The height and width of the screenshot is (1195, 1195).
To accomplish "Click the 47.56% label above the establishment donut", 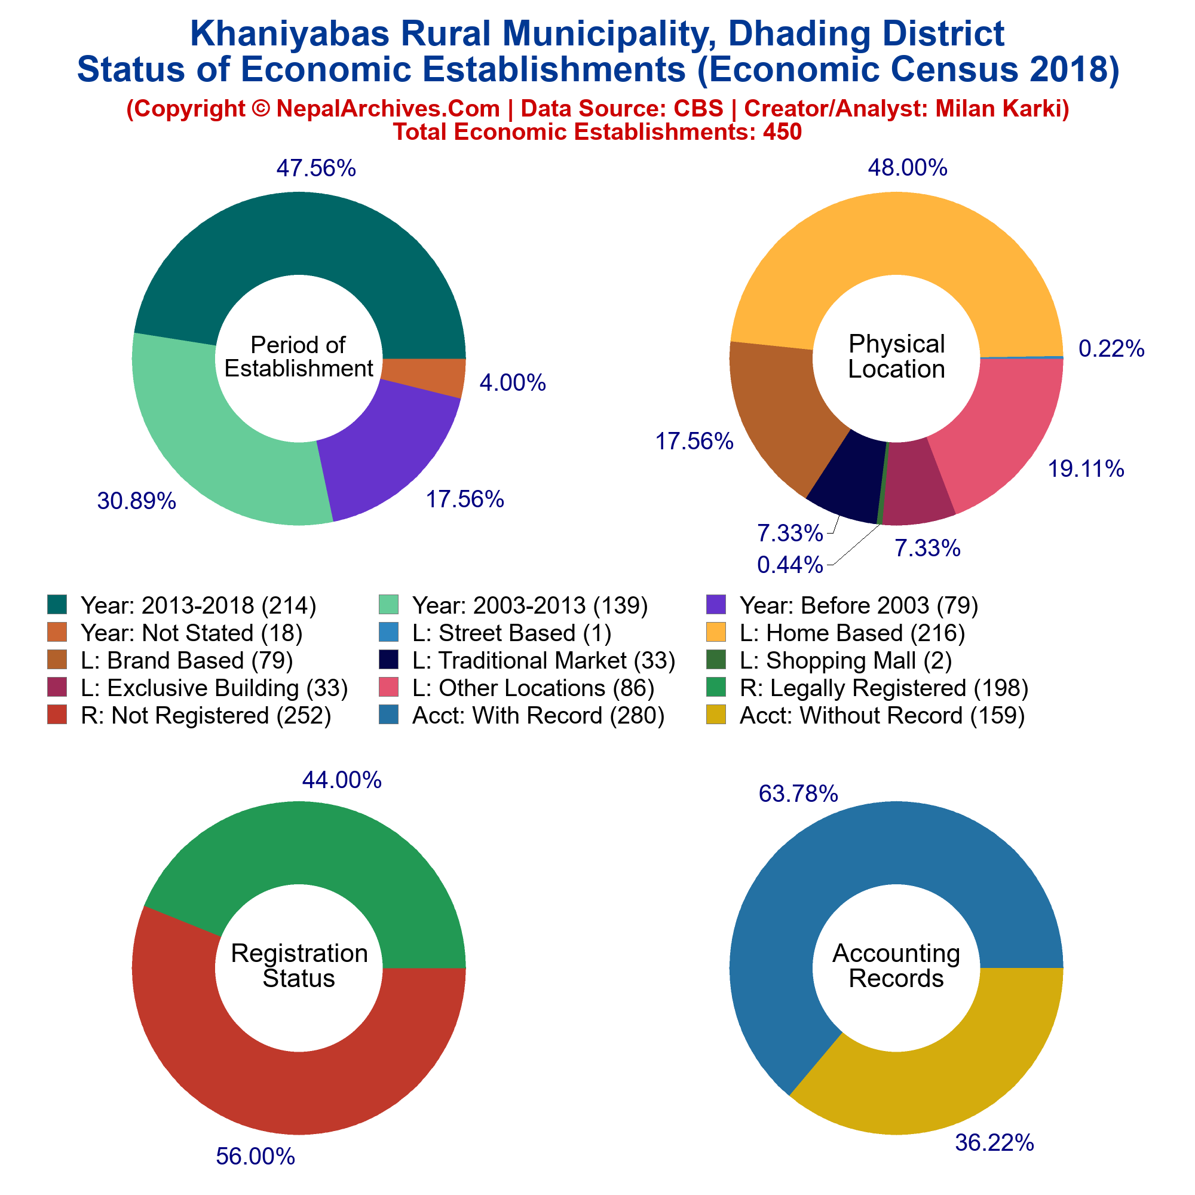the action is tap(316, 168).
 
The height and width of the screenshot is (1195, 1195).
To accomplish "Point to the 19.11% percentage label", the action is tap(1086, 470).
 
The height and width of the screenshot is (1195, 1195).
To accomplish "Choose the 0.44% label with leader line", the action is tap(790, 565).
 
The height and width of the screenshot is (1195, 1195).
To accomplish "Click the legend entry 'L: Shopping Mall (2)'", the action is tap(845, 661).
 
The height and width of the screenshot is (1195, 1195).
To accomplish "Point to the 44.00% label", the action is tap(341, 780).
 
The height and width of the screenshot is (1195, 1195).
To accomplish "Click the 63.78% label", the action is tap(798, 793).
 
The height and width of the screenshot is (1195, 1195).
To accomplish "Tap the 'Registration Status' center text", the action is tap(299, 966).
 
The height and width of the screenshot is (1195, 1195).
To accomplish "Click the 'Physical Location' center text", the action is tap(896, 356).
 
